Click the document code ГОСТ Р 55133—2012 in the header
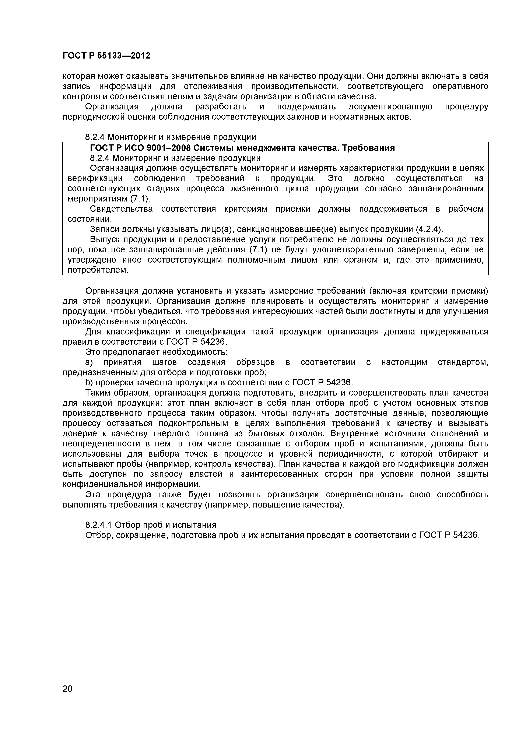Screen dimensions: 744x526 (x=106, y=56)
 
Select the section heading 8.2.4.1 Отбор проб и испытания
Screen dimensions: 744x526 (x=151, y=525)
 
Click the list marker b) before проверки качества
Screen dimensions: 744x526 (x=89, y=383)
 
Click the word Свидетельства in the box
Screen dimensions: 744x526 (x=121, y=209)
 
